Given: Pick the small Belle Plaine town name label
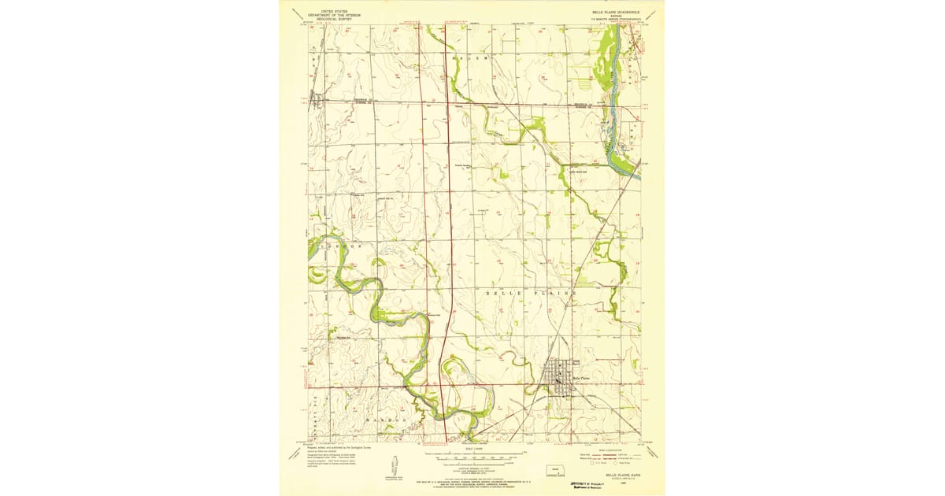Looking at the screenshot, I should pos(580,378).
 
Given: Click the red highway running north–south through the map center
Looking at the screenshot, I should pos(446,236).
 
